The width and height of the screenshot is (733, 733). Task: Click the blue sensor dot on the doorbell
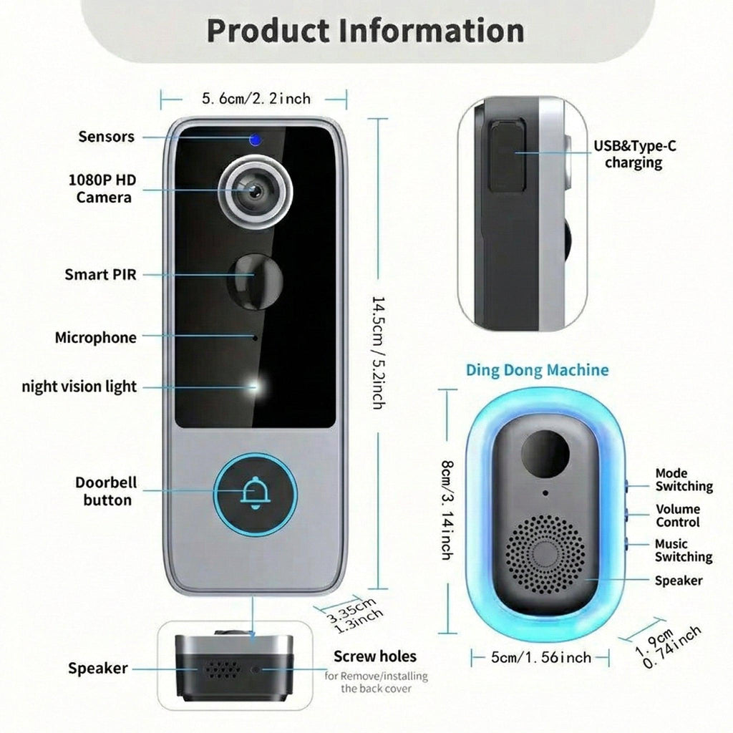(256, 140)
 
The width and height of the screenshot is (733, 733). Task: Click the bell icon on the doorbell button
(256, 492)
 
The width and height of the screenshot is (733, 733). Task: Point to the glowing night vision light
(254, 386)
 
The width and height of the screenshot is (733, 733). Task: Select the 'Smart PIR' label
(100, 274)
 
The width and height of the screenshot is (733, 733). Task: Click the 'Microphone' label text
(96, 338)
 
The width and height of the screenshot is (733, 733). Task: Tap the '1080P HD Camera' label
(102, 188)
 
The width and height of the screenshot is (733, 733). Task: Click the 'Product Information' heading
(366, 31)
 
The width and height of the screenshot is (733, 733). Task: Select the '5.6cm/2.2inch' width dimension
(256, 99)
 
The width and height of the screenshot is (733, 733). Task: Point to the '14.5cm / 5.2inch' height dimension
(379, 353)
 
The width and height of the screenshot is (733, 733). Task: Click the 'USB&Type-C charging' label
(635, 155)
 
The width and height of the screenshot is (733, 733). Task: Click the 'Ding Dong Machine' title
(537, 370)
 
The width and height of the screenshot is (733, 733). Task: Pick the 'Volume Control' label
(678, 515)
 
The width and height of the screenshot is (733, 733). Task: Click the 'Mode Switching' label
(684, 480)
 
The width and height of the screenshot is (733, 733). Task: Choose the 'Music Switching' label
(684, 550)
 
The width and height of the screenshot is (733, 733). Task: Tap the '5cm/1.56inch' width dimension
(541, 657)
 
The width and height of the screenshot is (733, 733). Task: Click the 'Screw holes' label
(375, 656)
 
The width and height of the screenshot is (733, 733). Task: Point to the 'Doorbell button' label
(107, 491)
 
